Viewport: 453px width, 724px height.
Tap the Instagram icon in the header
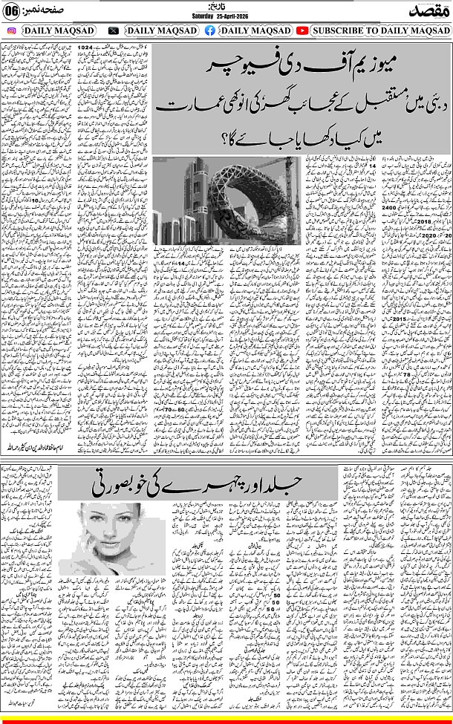pyautogui.click(x=11, y=30)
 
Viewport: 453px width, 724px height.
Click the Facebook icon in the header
pyautogui.click(x=210, y=30)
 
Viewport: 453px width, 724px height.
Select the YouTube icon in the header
pyautogui.click(x=302, y=30)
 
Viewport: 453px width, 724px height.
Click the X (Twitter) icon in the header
pyautogui.click(x=113, y=30)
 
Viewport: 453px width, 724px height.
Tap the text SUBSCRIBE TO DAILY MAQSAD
pyautogui.click(x=379, y=30)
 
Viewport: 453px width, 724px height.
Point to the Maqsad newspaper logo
pyautogui.click(x=428, y=10)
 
